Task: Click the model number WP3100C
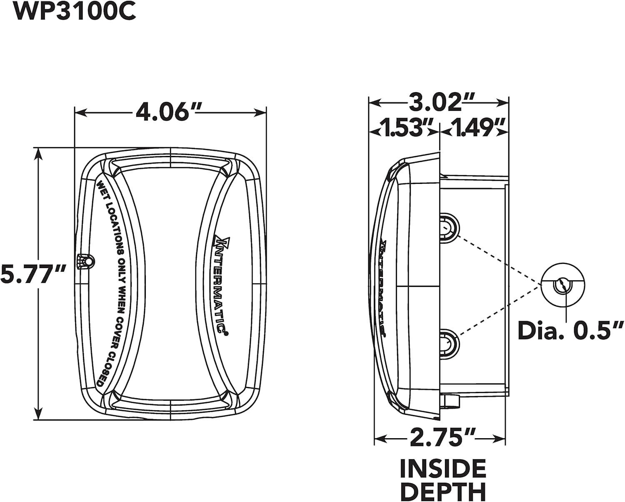coord(75,11)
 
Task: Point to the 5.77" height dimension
coord(33,274)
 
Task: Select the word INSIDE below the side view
coord(443,469)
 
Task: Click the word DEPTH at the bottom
coord(443,491)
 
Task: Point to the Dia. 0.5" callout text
coord(570,331)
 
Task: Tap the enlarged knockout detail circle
coord(562,285)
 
